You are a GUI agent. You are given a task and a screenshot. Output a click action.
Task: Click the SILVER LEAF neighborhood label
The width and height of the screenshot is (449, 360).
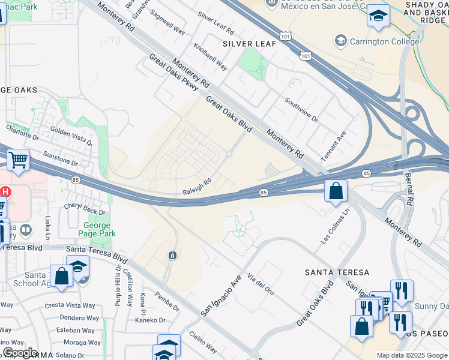[x=249, y=44]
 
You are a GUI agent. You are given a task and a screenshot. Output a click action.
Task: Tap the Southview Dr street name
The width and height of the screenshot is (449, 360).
[x=301, y=110]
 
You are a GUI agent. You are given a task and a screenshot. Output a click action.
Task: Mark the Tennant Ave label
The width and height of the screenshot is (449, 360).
[x=333, y=146]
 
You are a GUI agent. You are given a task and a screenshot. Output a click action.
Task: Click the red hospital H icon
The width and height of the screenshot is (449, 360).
[x=5, y=192]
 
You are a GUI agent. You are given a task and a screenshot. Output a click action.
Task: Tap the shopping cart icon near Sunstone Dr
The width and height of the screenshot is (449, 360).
[x=19, y=160]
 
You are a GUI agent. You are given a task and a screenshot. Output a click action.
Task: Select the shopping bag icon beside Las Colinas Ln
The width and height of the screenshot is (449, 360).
[x=336, y=191]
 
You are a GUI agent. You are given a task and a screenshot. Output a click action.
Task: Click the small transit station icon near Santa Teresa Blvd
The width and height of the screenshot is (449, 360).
[x=172, y=256]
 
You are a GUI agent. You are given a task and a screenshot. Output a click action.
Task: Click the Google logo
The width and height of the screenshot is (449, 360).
[x=20, y=352]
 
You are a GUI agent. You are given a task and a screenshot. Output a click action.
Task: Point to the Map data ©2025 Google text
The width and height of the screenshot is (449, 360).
[x=411, y=355]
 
